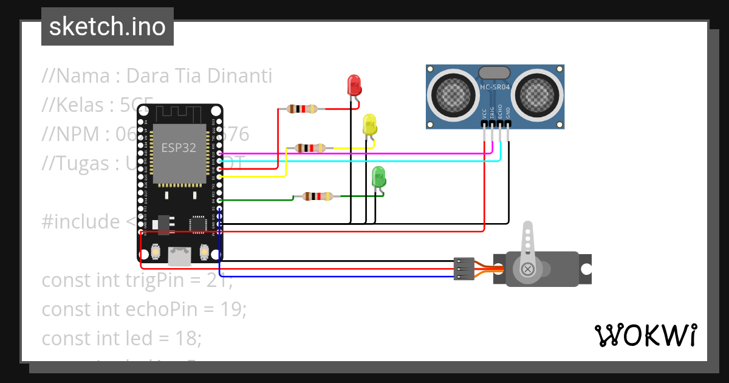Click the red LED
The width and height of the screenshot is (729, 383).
click(x=354, y=85)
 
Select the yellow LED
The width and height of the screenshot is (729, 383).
click(x=369, y=125)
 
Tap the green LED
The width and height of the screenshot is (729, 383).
click(x=378, y=177)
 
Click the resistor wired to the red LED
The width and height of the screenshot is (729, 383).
click(x=302, y=109)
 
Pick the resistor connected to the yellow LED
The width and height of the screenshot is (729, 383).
click(x=310, y=148)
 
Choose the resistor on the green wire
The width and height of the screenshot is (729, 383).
click(x=318, y=196)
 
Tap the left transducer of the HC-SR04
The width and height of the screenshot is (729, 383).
click(x=451, y=94)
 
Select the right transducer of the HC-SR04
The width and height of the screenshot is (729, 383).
click(x=538, y=94)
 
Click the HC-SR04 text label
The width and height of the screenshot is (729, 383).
click(x=495, y=87)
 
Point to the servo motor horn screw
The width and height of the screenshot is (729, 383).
click(x=528, y=268)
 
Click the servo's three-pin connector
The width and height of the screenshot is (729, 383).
click(x=463, y=269)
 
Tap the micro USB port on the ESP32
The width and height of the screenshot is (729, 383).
click(x=180, y=257)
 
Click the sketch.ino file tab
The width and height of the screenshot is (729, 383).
click(x=107, y=27)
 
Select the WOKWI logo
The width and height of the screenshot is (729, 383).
click(x=645, y=335)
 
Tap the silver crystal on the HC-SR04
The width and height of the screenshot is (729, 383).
click(x=495, y=73)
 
